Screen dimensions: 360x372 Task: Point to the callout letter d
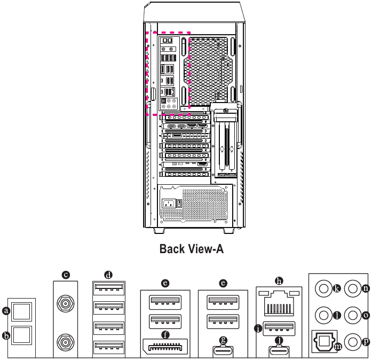pos(108,275)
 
